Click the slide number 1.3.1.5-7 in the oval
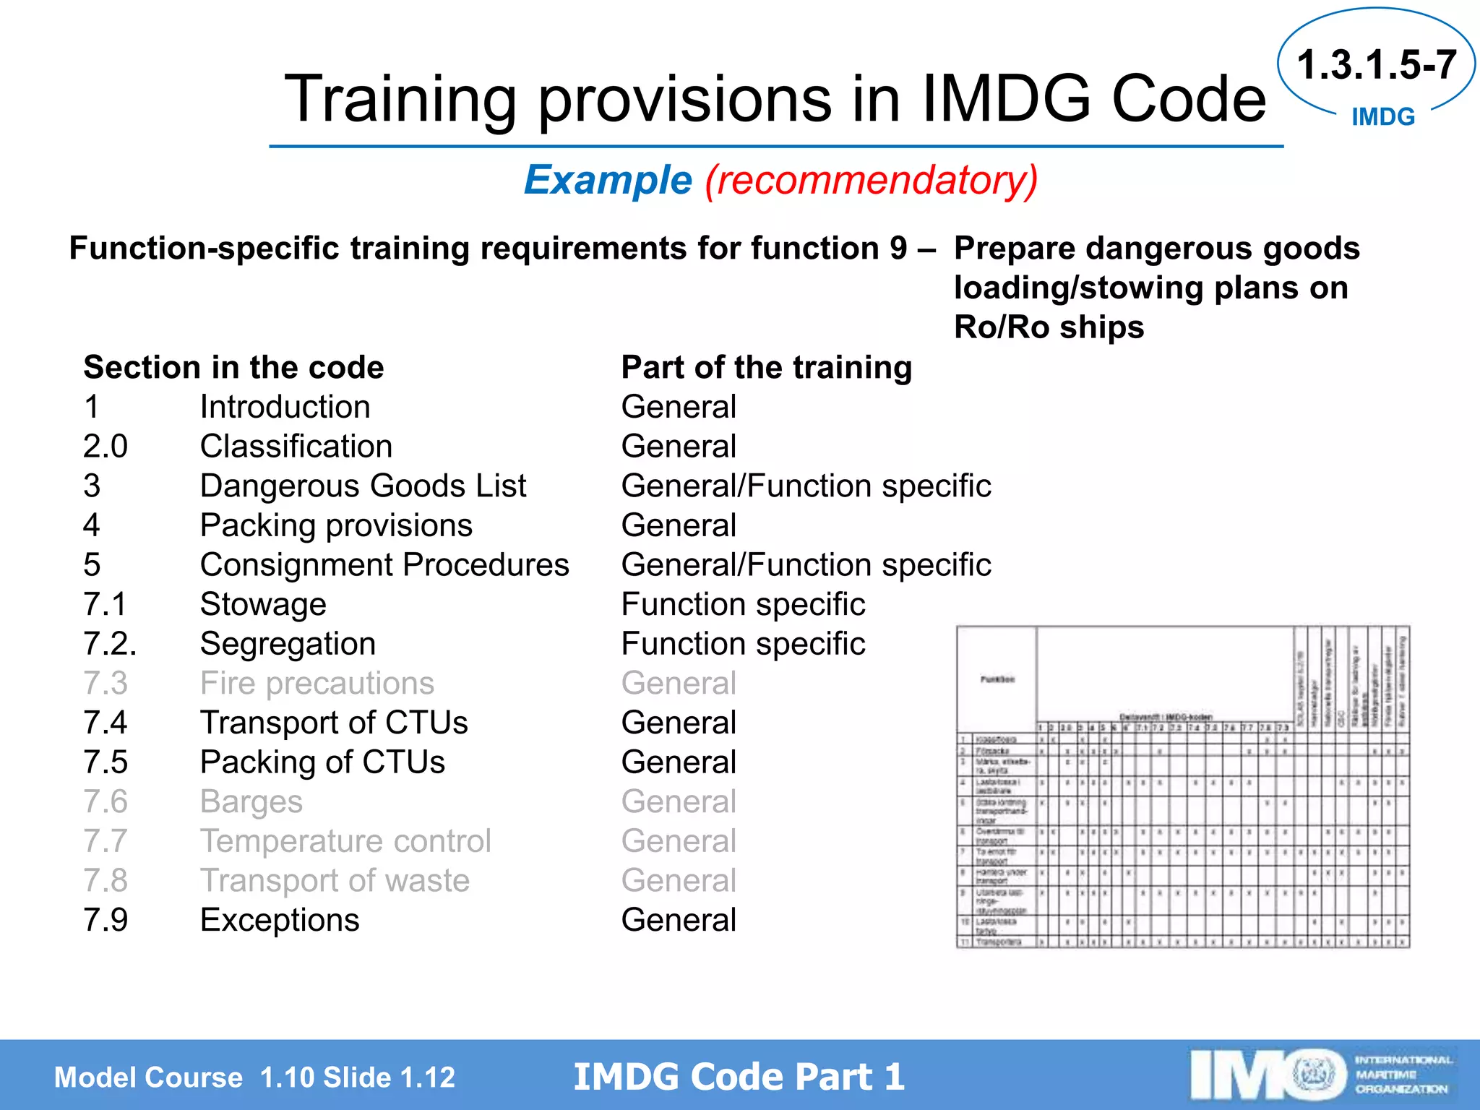click(x=1376, y=65)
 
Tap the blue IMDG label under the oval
click(x=1382, y=117)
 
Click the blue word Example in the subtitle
click(x=608, y=180)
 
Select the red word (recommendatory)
click(x=871, y=180)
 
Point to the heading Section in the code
click(x=233, y=367)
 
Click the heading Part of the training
click(x=766, y=367)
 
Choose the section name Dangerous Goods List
click(x=363, y=486)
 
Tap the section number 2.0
click(x=106, y=446)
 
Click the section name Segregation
click(x=288, y=643)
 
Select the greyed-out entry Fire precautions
click(x=317, y=683)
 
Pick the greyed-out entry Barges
click(x=251, y=801)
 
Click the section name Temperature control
click(x=345, y=840)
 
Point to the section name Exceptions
click(x=280, y=920)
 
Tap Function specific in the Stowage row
click(x=743, y=604)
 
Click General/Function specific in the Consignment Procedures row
click(x=806, y=564)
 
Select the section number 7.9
click(x=106, y=920)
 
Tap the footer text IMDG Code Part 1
click(x=739, y=1076)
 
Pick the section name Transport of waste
click(x=335, y=880)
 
